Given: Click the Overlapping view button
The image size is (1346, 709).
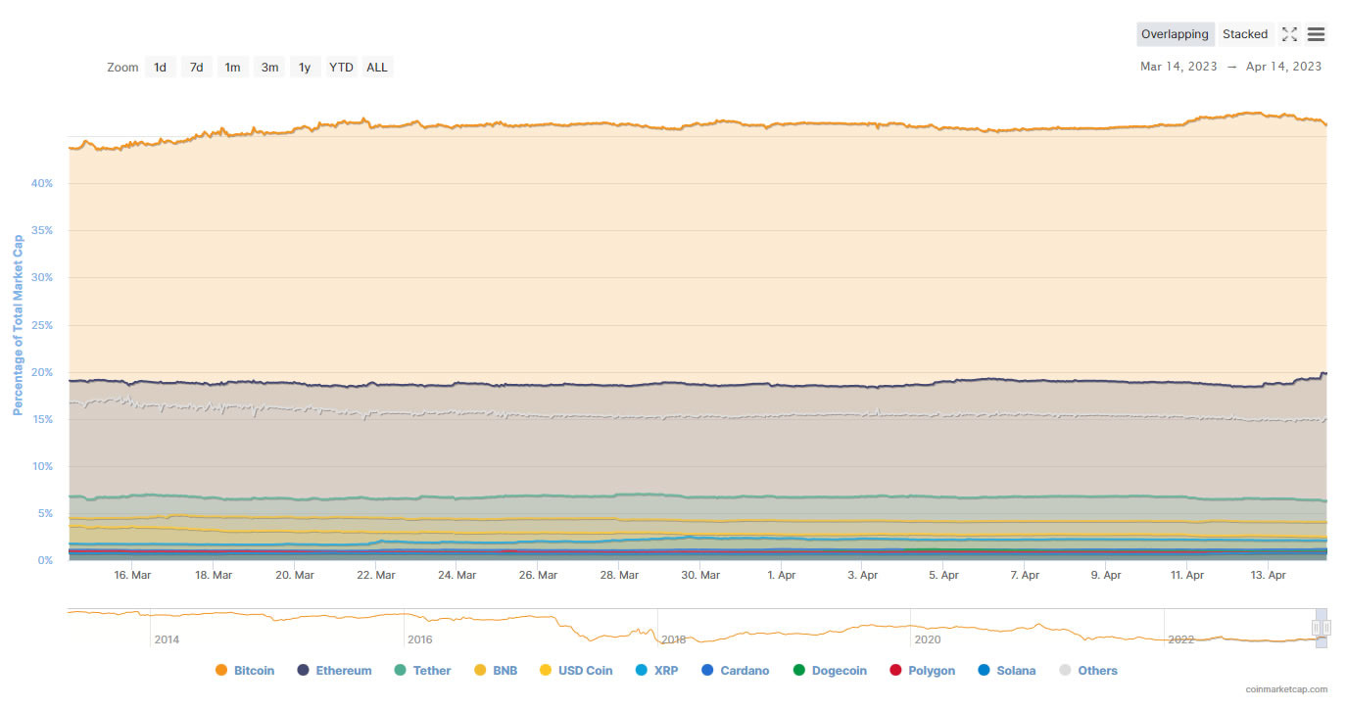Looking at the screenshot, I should [1175, 34].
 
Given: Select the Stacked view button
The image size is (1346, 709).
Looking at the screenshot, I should [1245, 34].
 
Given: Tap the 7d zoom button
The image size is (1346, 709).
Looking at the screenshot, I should [196, 68].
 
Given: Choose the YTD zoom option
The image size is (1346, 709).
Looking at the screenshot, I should [341, 68].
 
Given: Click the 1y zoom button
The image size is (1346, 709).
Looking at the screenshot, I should [305, 68].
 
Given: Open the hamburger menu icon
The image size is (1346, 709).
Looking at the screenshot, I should [1316, 34].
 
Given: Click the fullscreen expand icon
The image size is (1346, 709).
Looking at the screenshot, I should [1289, 34].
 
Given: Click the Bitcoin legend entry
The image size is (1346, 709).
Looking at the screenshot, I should [245, 671].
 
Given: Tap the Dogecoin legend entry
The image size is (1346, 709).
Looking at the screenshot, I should [829, 671].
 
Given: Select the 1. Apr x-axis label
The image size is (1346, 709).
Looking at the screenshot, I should [782, 576].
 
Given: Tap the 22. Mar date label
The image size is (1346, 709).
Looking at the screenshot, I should [376, 576].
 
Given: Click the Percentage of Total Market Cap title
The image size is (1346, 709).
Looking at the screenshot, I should [18, 324].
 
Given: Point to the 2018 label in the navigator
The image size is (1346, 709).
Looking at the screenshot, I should [674, 639].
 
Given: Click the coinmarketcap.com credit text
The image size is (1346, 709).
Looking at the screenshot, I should [1286, 689].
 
